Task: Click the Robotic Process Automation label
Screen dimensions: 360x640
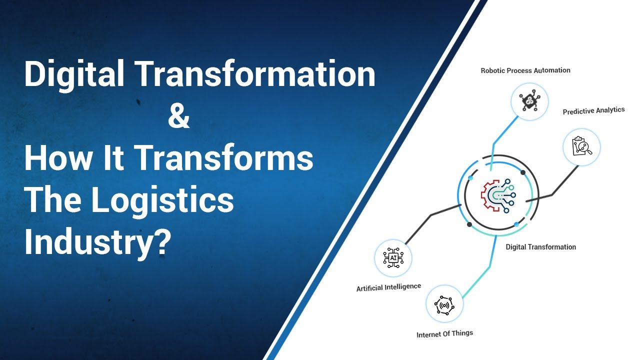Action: [525, 70]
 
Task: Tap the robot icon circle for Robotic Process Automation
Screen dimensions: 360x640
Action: [529, 101]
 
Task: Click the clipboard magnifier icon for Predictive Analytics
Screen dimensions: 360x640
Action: [581, 147]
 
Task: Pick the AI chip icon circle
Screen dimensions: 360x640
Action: [393, 258]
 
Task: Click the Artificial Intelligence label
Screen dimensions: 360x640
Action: [388, 287]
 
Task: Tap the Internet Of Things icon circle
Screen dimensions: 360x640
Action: [444, 304]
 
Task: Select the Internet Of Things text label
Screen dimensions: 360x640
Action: [444, 333]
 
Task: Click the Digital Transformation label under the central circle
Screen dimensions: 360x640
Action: [540, 247]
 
